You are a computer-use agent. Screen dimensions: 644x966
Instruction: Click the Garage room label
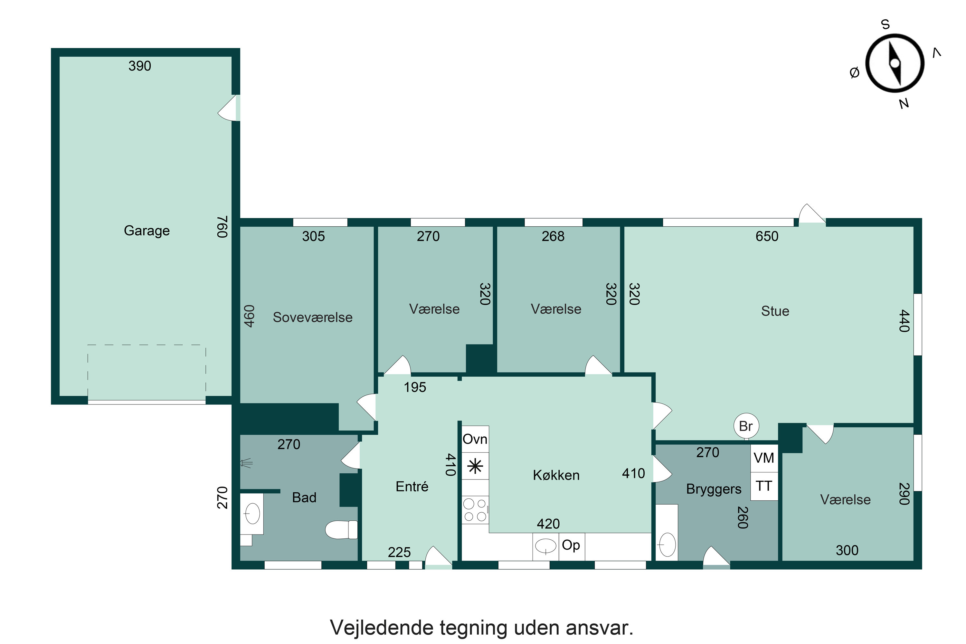click(147, 231)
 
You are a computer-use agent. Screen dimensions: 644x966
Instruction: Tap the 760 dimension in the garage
click(222, 227)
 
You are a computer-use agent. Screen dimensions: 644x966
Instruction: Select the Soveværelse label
click(313, 317)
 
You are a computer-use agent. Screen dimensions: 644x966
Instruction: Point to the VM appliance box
click(763, 458)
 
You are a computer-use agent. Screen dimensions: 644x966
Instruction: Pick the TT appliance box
click(763, 486)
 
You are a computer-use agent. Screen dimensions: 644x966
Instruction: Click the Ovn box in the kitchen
click(475, 439)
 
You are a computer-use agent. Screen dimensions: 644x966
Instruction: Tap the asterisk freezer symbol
click(475, 467)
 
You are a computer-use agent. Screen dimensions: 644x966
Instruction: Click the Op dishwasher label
click(571, 545)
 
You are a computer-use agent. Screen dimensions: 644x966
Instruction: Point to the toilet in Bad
click(341, 529)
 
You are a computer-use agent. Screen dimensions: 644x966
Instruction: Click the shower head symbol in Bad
click(246, 463)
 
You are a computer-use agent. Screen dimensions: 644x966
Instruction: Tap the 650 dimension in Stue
click(766, 237)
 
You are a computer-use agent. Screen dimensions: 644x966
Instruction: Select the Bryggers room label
click(714, 489)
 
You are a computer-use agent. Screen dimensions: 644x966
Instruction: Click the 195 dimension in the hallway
click(414, 387)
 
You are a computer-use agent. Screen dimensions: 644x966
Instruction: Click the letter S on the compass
click(885, 25)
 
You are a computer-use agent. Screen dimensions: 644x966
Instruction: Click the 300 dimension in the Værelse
click(847, 550)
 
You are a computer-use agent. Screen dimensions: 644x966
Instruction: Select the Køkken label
click(556, 475)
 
